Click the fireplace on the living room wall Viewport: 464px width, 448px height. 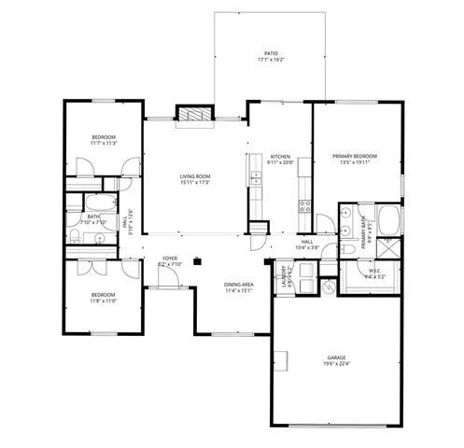pos(195,114)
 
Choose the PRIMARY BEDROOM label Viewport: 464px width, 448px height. pos(357,156)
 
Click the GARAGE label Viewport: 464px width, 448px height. pos(336,357)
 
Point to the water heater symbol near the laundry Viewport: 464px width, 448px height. pos(328,287)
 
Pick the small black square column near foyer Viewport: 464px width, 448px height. pos(197,262)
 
